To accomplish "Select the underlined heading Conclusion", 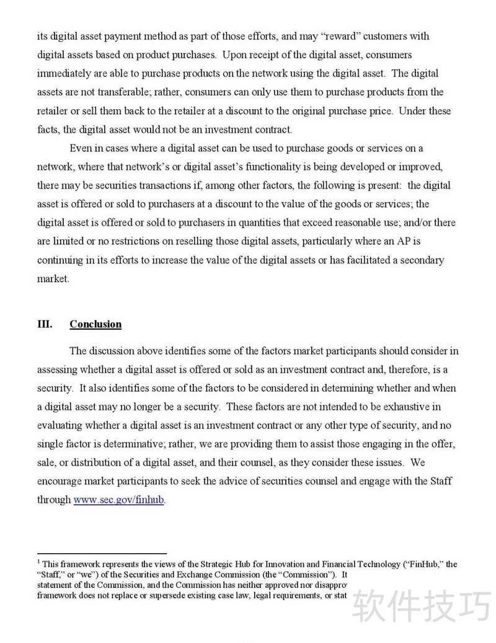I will [95, 324].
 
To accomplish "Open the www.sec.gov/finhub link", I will [118, 499].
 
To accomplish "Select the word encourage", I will [60, 481].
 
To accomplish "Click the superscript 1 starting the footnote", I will [39, 562].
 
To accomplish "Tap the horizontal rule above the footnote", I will [102, 552].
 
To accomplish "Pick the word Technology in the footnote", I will [371, 564].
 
